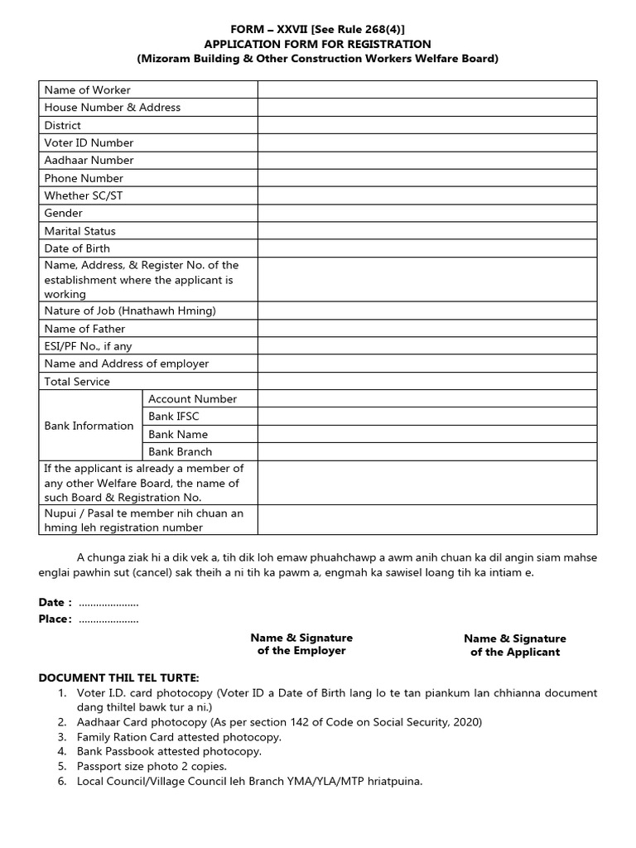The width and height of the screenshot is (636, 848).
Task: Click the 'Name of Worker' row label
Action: coord(87,90)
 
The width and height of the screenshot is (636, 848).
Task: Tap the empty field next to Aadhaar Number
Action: coord(426,161)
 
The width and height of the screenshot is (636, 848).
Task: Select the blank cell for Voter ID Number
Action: coord(426,143)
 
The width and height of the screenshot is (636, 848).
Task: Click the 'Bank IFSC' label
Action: coord(173,417)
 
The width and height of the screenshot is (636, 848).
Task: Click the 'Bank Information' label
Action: coord(89,426)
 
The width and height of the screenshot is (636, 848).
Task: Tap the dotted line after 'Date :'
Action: coord(108,602)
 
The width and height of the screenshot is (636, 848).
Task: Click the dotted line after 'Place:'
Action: coord(108,619)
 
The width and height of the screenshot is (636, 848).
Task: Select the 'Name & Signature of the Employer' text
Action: coord(301,644)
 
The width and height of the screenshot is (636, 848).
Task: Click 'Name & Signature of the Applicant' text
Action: coord(514,645)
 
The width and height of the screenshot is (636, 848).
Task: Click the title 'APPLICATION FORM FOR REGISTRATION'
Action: coord(318,44)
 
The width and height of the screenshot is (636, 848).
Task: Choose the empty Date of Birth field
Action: coord(426,248)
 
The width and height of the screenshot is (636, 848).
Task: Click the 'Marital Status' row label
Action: coord(79,231)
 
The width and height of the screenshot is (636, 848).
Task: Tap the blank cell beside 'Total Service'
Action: coord(426,382)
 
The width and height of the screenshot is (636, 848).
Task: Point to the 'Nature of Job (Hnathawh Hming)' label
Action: coord(129,311)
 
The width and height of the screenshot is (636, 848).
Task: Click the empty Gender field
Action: coord(426,214)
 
